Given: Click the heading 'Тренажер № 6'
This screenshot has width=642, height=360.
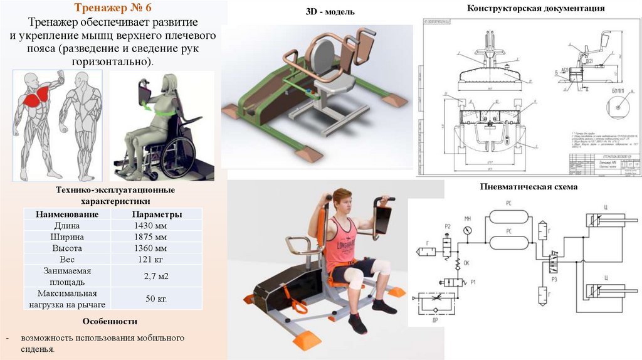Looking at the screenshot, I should point(113,9).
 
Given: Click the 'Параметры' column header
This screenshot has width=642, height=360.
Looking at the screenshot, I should point(157,214).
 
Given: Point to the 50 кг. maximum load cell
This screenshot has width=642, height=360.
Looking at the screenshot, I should point(155,299).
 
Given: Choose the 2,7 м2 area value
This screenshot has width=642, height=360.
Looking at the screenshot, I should point(156,276).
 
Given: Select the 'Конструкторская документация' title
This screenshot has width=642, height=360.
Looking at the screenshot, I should point(535,8).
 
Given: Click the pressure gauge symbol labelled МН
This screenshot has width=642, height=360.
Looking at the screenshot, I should point(467,230).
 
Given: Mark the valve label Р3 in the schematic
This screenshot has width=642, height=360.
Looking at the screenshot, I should point(554,277).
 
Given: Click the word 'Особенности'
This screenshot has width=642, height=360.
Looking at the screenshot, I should point(109,322).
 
